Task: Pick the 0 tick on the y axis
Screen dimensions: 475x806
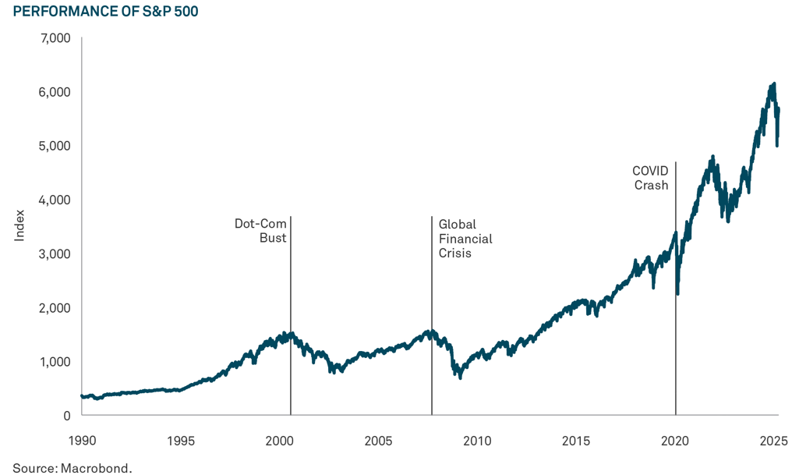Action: point(66,416)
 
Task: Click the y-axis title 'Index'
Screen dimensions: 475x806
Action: point(20,226)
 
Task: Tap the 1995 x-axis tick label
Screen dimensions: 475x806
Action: point(180,441)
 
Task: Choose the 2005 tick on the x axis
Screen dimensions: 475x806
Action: point(378,441)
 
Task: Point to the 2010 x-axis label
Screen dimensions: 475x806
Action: point(477,441)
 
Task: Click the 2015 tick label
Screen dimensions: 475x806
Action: point(576,441)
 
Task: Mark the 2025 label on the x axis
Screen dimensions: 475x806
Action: point(774,441)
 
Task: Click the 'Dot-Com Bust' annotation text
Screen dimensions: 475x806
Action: point(261,231)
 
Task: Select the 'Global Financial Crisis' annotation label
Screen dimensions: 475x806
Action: point(465,239)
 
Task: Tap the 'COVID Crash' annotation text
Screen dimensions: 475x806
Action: point(649,177)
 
